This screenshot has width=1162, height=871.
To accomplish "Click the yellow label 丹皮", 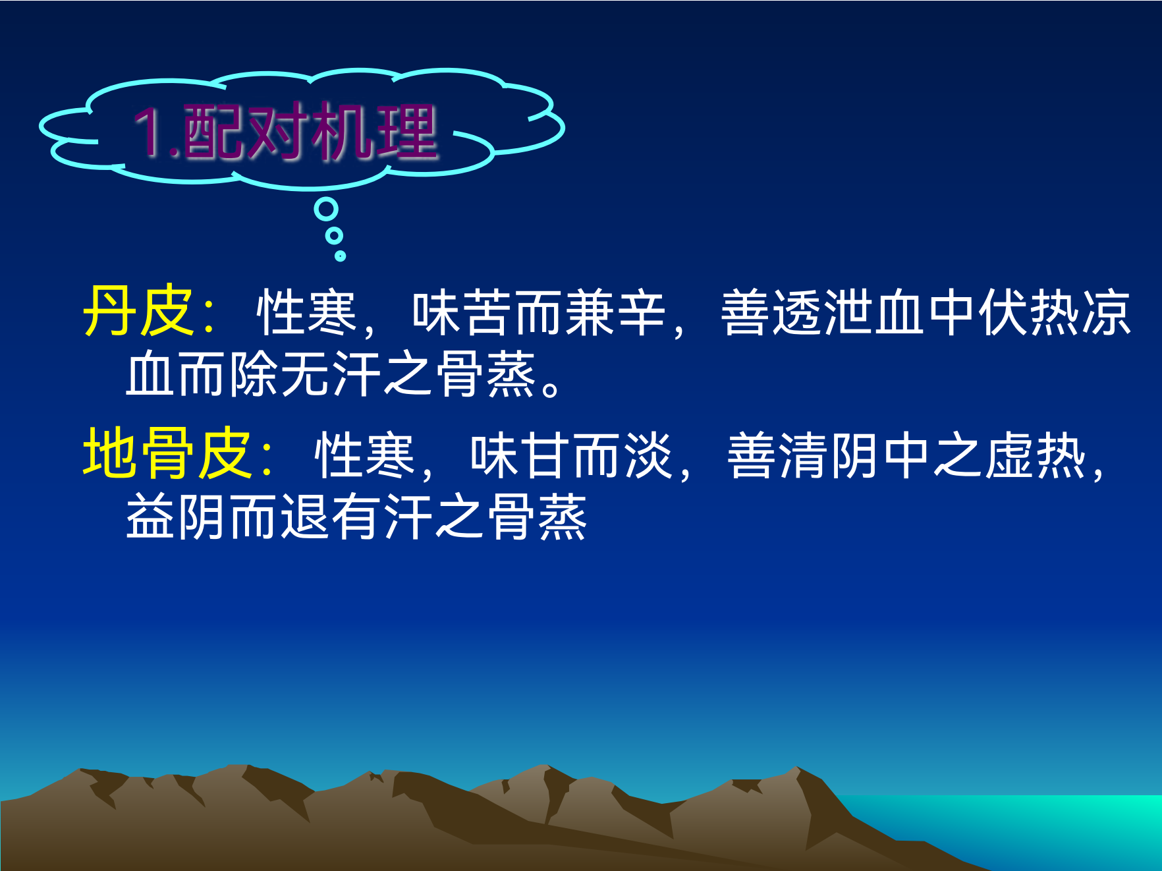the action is point(138,311).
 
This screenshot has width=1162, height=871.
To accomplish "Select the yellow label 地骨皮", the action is point(167,453).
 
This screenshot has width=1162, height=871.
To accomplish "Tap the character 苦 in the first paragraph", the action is point(488,312).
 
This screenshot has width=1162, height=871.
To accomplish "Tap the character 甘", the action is point(547,455).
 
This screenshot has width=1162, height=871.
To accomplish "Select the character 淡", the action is point(649,455).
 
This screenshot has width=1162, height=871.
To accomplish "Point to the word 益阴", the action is point(177,517).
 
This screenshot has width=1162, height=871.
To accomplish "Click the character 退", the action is point(306,517).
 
